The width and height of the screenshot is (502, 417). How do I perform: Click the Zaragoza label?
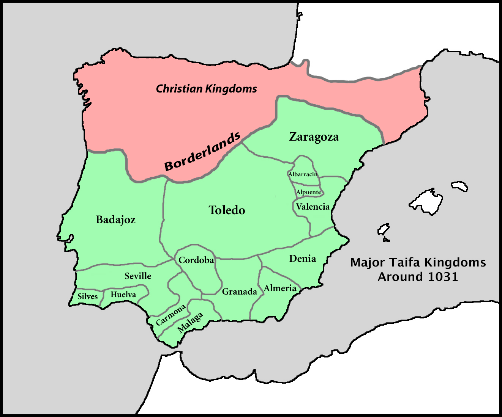314,137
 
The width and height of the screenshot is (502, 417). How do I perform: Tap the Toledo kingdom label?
227,210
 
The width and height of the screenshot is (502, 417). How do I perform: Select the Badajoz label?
115,220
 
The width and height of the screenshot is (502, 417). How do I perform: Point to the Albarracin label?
303,174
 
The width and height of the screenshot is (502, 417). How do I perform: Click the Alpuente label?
308,192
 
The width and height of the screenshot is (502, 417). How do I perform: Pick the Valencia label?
313,207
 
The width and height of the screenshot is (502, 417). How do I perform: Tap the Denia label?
302,259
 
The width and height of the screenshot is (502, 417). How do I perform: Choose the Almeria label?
280,288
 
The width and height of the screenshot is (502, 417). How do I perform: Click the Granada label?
239,292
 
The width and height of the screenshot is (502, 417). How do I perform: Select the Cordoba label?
196,260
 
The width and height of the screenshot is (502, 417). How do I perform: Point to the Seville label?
138,276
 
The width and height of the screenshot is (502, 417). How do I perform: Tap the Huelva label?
123,295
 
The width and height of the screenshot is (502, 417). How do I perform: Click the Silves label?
87,296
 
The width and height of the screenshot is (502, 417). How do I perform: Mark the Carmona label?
171,315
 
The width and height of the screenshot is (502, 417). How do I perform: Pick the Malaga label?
190,323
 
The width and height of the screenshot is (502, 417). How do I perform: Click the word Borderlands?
202,152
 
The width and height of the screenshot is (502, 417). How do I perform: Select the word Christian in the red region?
179,89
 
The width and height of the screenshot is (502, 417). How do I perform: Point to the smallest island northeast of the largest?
459,186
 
